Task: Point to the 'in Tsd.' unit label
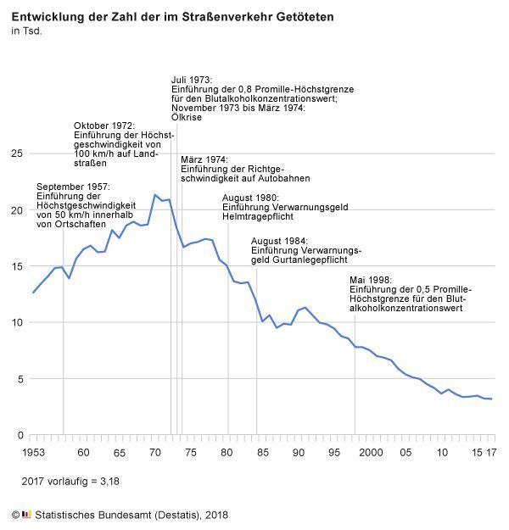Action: pyautogui.click(x=26, y=31)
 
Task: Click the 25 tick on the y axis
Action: pyautogui.click(x=16, y=153)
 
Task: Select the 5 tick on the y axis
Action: pyautogui.click(x=19, y=379)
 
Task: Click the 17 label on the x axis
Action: pyautogui.click(x=491, y=453)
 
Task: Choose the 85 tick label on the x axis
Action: pyautogui.click(x=263, y=453)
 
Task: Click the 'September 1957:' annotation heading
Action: pyautogui.click(x=74, y=187)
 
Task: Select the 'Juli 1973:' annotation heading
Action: pyautogui.click(x=192, y=81)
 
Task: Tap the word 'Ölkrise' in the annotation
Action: pyautogui.click(x=187, y=117)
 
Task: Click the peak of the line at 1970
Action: pyautogui.click(x=154, y=195)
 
